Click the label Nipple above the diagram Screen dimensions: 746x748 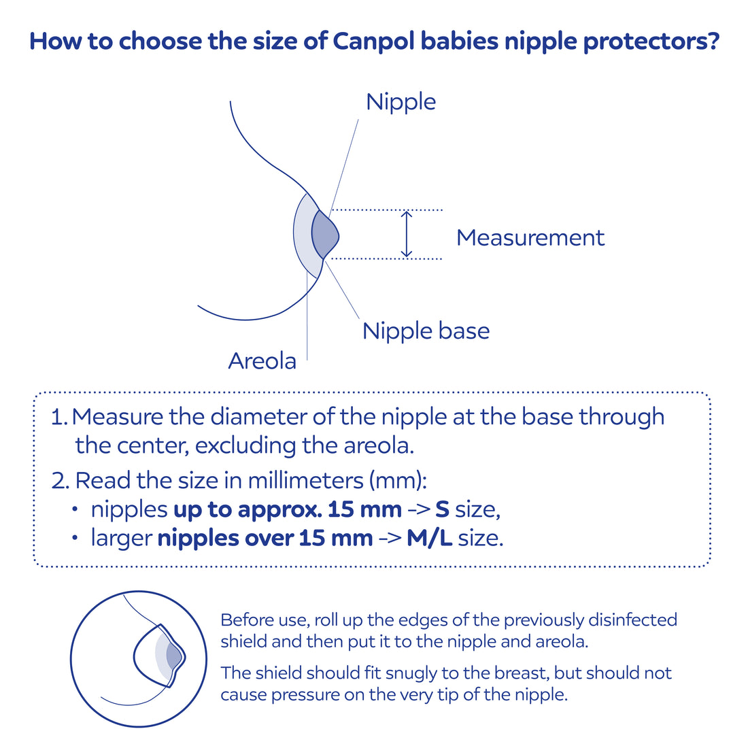click(401, 102)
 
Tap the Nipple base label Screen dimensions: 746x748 click(426, 331)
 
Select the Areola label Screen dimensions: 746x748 click(262, 361)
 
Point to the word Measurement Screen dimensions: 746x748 click(530, 237)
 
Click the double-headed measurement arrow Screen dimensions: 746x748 click(406, 234)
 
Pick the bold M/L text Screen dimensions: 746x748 click(429, 539)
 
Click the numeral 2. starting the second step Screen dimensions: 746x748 click(61, 481)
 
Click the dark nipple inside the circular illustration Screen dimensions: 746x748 click(173, 656)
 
